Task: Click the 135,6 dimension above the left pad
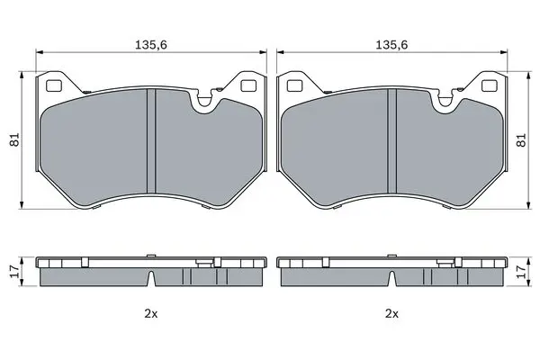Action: (151, 45)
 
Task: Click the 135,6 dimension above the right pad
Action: (391, 45)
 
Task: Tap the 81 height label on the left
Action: (14, 139)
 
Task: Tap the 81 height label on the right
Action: (522, 139)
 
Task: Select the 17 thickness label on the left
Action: (14, 272)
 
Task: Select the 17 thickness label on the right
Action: (522, 272)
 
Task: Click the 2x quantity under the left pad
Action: (151, 313)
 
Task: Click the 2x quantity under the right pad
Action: (391, 313)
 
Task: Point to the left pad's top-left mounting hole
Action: (54, 85)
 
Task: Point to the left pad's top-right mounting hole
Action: (248, 85)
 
